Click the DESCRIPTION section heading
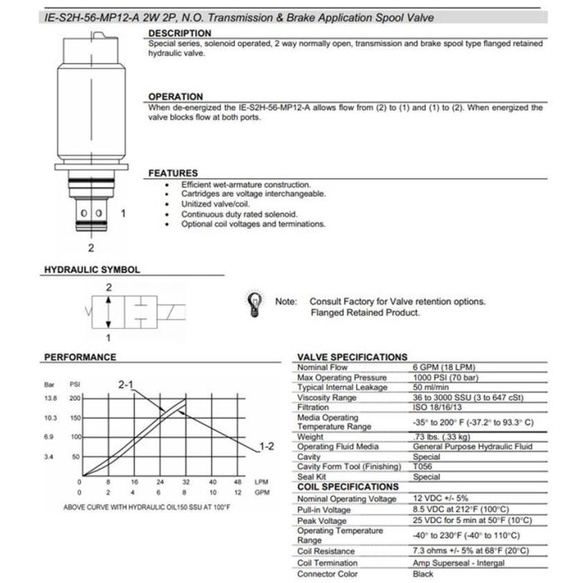pos(179,33)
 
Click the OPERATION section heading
pos(175,97)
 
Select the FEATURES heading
pos(172,173)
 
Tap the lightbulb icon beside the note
pos(251,303)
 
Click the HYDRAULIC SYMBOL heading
pos(91,270)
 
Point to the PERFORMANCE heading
pos(79,357)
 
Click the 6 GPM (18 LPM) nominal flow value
pos(441,366)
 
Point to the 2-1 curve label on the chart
pos(127,385)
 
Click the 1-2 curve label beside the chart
pos(267,446)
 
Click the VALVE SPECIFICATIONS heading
pos(352,357)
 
